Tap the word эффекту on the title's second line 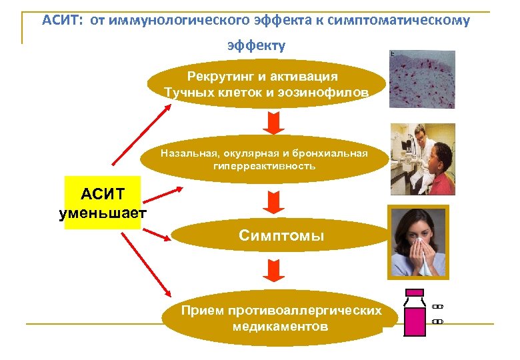[256, 45]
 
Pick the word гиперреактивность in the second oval [264, 165]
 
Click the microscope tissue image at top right [422, 79]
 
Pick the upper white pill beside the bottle [437, 307]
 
